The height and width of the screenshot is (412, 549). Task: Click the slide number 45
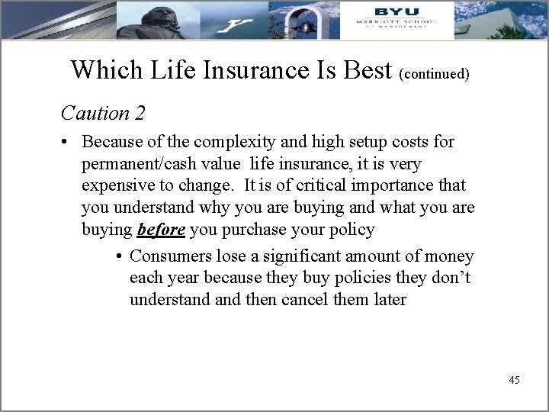[x=513, y=379]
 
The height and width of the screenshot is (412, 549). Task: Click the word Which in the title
[x=98, y=69]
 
